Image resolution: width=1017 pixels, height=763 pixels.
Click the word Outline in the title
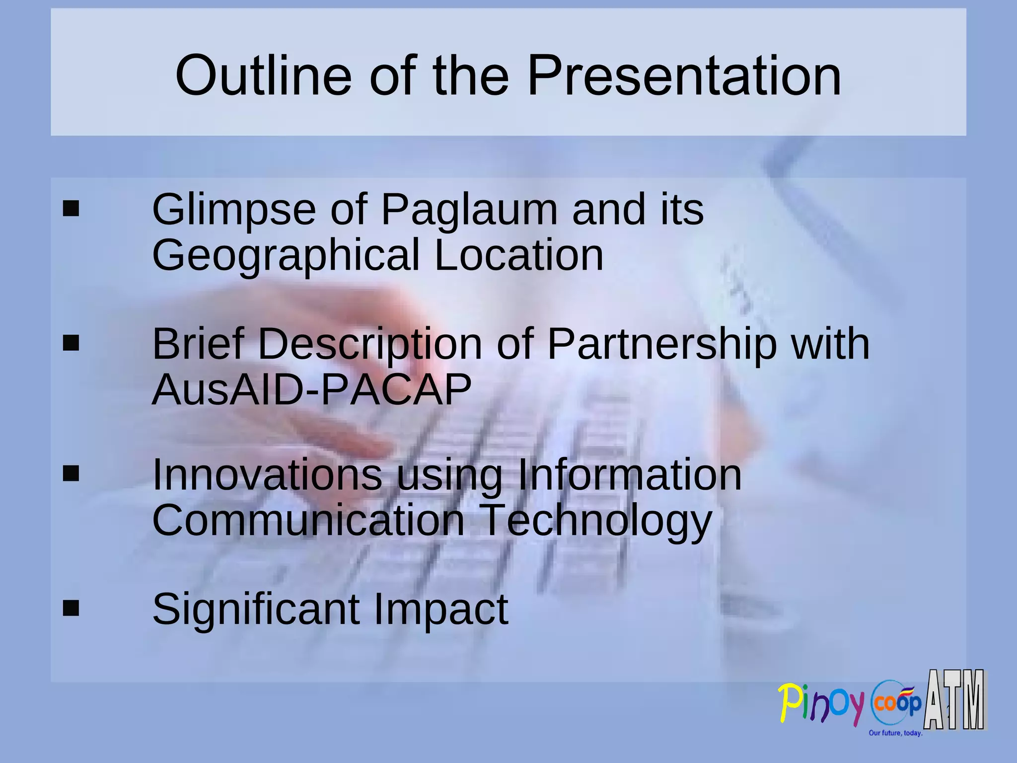[x=263, y=76]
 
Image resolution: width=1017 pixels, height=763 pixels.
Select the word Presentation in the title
[x=684, y=76]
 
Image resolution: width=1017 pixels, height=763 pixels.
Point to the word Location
[x=518, y=255]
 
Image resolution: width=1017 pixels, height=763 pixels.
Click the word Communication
[x=308, y=520]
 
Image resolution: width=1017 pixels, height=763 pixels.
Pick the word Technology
[x=595, y=521]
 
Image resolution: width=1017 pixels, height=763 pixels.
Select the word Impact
[x=440, y=610]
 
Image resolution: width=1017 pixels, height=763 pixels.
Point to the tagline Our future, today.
[x=895, y=733]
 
